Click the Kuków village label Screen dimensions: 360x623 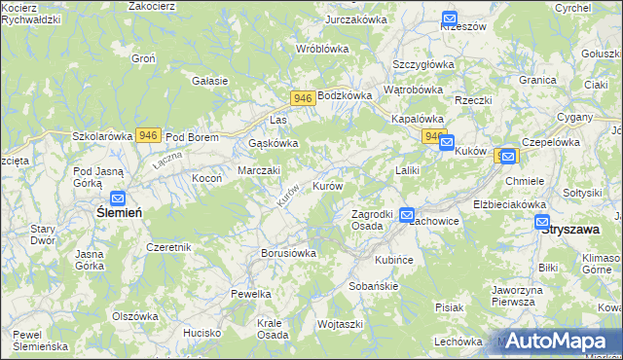coord(470,152)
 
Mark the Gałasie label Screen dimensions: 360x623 coord(210,81)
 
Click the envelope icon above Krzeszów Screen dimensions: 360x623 coord(449,18)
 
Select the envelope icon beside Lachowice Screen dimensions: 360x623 coord(407,214)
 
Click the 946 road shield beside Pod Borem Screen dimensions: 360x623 coord(148,135)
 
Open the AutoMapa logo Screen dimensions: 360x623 coord(560,342)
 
